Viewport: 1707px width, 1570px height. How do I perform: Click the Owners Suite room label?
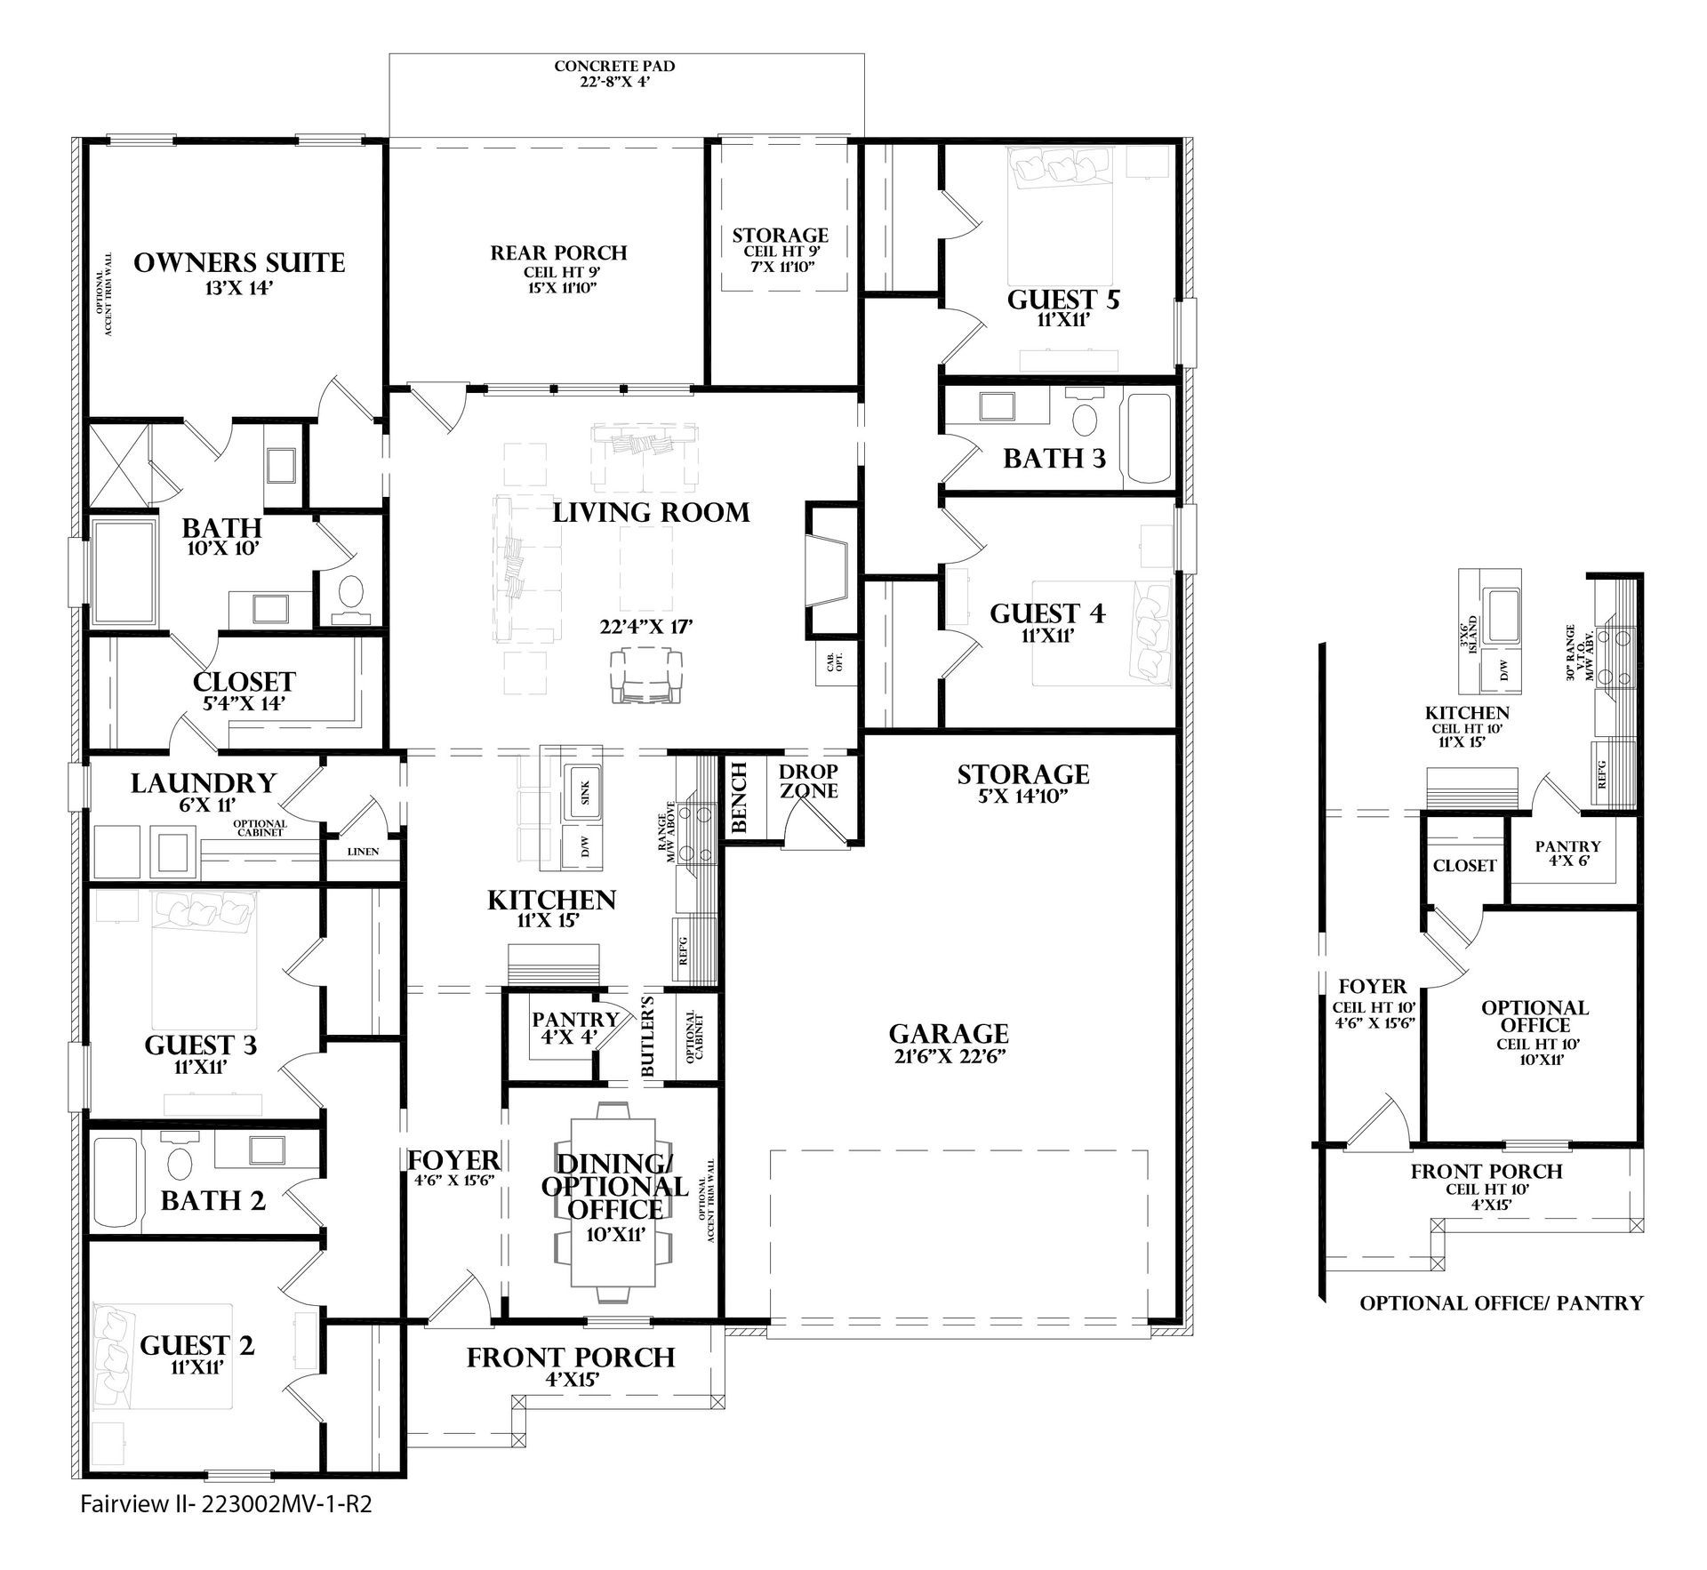pos(239,263)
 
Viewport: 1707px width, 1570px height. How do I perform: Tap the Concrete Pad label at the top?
pos(614,67)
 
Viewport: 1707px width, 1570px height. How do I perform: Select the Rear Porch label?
pos(559,253)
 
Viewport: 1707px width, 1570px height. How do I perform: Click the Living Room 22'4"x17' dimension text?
pos(646,627)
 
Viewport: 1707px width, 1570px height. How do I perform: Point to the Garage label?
pos(949,1034)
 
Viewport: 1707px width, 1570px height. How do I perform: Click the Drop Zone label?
pos(808,780)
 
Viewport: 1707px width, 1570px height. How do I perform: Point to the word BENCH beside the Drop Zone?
pos(739,797)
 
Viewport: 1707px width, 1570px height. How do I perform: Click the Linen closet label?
pos(363,852)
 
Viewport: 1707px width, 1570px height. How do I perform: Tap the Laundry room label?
pos(204,783)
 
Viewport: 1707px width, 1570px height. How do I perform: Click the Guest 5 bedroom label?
pos(1063,300)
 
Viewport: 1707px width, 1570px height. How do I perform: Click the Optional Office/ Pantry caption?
pos(1501,1303)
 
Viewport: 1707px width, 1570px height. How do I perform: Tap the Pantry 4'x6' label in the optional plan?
pos(1567,854)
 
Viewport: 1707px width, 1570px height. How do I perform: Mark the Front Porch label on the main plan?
pos(571,1358)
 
